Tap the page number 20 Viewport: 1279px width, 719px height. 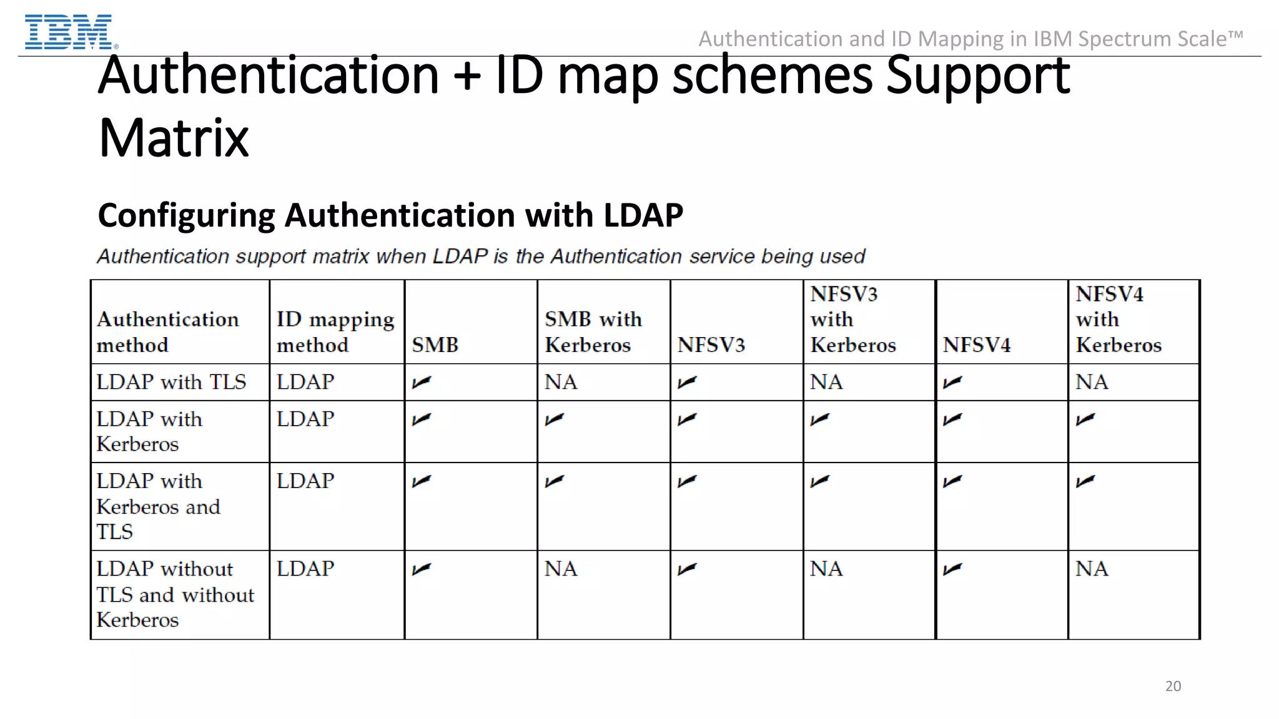pyautogui.click(x=1173, y=686)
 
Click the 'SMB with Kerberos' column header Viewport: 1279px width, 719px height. pyautogui.click(x=593, y=331)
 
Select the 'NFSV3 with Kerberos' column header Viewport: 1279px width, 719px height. pyautogui.click(x=852, y=319)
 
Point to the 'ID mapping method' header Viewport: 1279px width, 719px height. pyautogui.click(x=335, y=331)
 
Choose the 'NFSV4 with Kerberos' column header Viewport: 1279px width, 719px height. pyautogui.click(x=1118, y=319)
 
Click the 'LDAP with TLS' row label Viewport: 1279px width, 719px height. pyautogui.click(x=171, y=381)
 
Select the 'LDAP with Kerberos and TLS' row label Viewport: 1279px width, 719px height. pyautogui.click(x=158, y=506)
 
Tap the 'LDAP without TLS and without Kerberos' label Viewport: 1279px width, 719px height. pyautogui.click(x=175, y=594)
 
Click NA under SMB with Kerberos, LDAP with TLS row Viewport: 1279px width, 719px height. pyautogui.click(x=560, y=381)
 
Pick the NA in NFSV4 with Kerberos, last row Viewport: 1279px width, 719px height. pyautogui.click(x=1091, y=569)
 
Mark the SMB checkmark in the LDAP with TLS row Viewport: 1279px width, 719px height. pyautogui.click(x=422, y=381)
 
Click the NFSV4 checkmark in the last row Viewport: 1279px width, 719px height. pyautogui.click(x=952, y=569)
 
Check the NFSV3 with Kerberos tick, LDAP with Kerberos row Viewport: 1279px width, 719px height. pyautogui.click(x=819, y=419)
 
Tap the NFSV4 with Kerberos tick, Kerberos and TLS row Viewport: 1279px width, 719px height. pyautogui.click(x=1085, y=481)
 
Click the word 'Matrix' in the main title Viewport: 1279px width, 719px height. pyautogui.click(x=174, y=138)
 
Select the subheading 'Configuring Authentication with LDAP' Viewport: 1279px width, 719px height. pyautogui.click(x=390, y=215)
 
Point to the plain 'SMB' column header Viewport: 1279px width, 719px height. pyautogui.click(x=435, y=345)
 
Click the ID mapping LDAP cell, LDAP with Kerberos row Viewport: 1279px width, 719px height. pyautogui.click(x=305, y=419)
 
